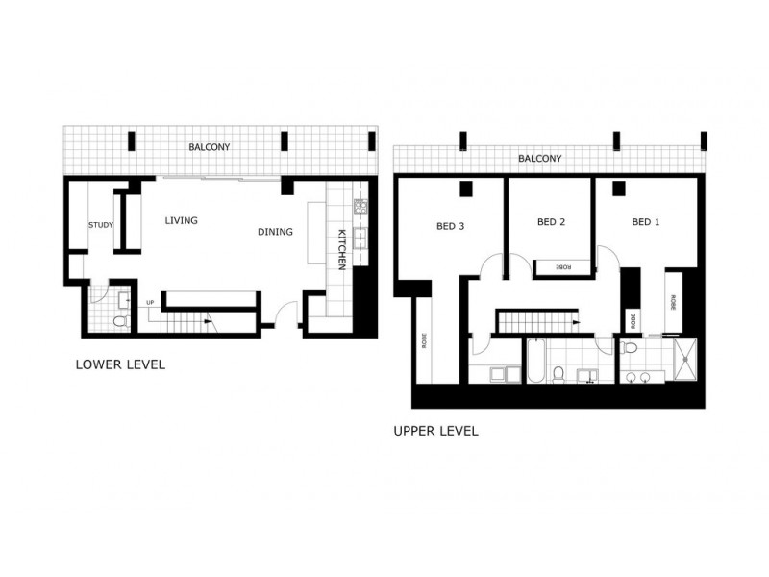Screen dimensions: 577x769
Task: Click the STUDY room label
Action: click(x=101, y=225)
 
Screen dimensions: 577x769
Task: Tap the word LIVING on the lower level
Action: click(x=181, y=221)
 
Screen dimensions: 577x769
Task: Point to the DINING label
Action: click(x=275, y=232)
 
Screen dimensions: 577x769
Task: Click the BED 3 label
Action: click(x=451, y=227)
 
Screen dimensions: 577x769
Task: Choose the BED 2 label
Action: click(x=551, y=222)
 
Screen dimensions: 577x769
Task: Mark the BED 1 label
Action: click(x=646, y=222)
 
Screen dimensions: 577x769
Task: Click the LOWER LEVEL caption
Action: click(x=120, y=365)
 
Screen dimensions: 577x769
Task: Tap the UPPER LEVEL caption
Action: click(x=435, y=432)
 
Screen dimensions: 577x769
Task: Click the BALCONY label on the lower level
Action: click(x=209, y=147)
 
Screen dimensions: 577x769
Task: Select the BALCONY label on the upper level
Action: click(x=539, y=159)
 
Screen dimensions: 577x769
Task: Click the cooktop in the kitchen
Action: click(x=360, y=206)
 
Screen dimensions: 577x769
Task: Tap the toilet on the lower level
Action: click(x=119, y=321)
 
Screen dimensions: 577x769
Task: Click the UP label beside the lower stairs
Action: click(x=150, y=304)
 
